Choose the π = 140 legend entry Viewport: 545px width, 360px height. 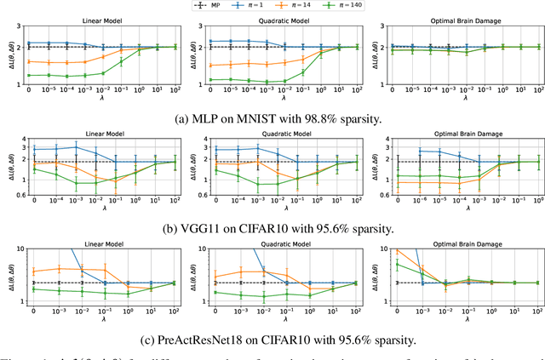(349, 6)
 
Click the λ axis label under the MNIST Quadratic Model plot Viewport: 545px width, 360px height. (285, 96)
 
